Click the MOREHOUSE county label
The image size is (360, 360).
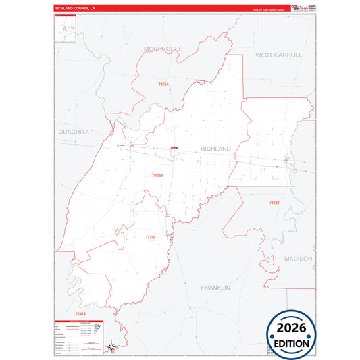tap(163, 49)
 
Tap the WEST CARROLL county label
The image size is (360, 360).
tap(278, 55)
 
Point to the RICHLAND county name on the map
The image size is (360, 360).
tap(215, 149)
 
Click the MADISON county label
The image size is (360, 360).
tap(298, 259)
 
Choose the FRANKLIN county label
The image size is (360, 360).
tap(215, 288)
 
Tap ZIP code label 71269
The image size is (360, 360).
tap(158, 175)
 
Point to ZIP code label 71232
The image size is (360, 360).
tap(274, 203)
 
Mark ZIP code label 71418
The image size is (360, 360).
tap(80, 314)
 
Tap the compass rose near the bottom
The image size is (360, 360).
tap(110, 345)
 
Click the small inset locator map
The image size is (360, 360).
tap(66, 29)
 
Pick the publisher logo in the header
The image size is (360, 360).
tap(299, 8)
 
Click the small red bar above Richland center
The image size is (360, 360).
tap(174, 148)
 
